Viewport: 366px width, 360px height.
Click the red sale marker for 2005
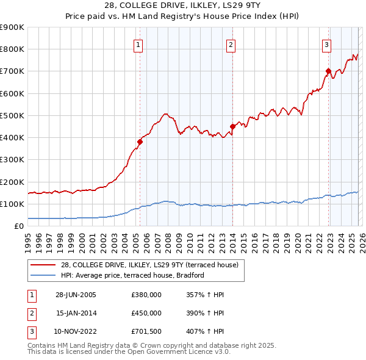click(x=140, y=142)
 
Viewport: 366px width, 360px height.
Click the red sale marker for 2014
click(x=232, y=126)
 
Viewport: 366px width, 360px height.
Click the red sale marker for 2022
click(x=328, y=71)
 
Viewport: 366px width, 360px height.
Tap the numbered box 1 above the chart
click(x=139, y=45)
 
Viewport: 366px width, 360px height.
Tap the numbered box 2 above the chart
click(x=232, y=45)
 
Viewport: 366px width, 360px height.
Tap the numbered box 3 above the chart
click(x=327, y=44)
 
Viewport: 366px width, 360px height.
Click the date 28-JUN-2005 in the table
click(x=76, y=294)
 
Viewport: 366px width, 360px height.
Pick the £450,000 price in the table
click(x=146, y=313)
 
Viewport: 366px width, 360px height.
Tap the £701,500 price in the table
click(x=146, y=332)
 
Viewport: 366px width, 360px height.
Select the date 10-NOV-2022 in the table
click(x=76, y=332)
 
